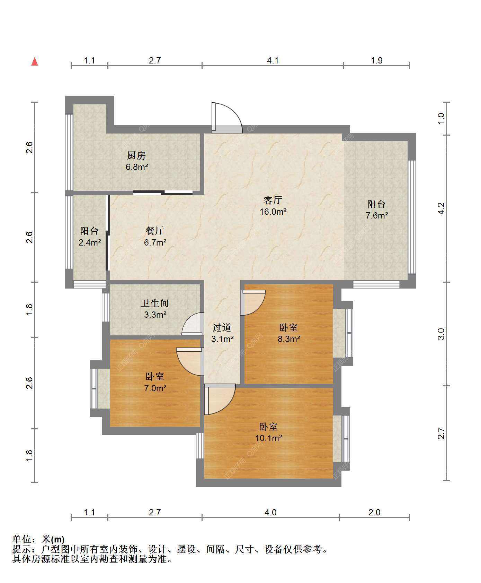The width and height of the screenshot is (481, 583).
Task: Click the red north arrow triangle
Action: pyautogui.click(x=35, y=61)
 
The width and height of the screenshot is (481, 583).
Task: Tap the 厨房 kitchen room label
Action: pyautogui.click(x=136, y=155)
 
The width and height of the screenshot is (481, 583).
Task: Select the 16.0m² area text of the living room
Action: pyautogui.click(x=273, y=212)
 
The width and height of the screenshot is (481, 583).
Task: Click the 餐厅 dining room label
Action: pyautogui.click(x=155, y=231)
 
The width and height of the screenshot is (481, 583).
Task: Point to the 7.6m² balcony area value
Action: pyautogui.click(x=377, y=215)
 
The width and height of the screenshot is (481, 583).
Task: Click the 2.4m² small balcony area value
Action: pyautogui.click(x=90, y=242)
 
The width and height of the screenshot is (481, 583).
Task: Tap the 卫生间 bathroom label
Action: pyautogui.click(x=155, y=303)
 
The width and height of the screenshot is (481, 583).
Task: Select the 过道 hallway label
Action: pyautogui.click(x=222, y=327)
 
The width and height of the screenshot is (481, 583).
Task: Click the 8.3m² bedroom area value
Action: pyautogui.click(x=289, y=339)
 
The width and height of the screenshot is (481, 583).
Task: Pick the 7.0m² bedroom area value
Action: pyautogui.click(x=155, y=388)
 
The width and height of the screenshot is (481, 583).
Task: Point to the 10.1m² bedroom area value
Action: pyautogui.click(x=269, y=438)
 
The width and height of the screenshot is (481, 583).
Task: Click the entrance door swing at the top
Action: pyautogui.click(x=227, y=118)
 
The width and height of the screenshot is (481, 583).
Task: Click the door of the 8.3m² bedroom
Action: pyautogui.click(x=253, y=302)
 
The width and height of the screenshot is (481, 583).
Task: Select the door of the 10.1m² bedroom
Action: pyautogui.click(x=220, y=399)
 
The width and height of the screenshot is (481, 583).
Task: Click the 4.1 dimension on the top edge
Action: pyautogui.click(x=273, y=60)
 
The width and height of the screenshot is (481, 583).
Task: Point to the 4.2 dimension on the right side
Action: pyautogui.click(x=441, y=208)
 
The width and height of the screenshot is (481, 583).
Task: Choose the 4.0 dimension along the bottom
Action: pyautogui.click(x=270, y=512)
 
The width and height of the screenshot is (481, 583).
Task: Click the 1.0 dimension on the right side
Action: pyautogui.click(x=441, y=119)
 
